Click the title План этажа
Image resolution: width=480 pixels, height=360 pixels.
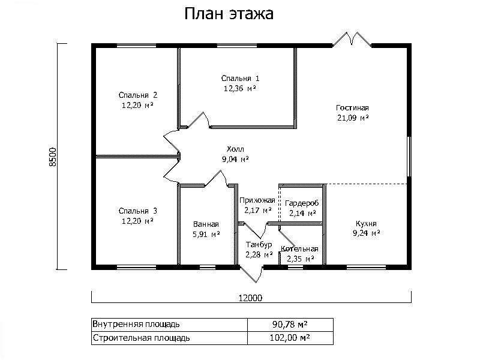(229, 14)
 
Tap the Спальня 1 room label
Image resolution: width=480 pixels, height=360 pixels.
(241, 79)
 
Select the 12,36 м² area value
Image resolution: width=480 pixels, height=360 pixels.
(240, 88)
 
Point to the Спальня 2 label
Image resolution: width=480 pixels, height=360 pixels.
(138, 95)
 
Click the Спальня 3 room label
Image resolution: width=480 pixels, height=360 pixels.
(138, 211)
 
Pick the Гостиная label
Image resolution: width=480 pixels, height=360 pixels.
(352, 108)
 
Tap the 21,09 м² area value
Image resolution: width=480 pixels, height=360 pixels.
(353, 118)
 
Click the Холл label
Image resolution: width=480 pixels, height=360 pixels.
(235, 149)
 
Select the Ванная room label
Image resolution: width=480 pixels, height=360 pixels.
(206, 224)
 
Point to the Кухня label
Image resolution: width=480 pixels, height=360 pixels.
(366, 223)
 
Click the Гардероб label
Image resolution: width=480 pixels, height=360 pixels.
(302, 203)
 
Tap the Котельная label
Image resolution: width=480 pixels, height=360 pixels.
(299, 249)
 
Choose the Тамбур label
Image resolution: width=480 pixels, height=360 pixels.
(259, 245)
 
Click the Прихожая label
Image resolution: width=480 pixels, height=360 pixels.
(257, 200)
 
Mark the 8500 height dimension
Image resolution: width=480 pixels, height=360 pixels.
(53, 157)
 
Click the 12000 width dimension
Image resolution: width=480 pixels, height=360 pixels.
(250, 298)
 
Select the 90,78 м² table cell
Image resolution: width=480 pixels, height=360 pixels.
(290, 324)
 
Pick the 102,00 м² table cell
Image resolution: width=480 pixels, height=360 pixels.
(290, 338)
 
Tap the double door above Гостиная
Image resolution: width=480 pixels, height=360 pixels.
(352, 39)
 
